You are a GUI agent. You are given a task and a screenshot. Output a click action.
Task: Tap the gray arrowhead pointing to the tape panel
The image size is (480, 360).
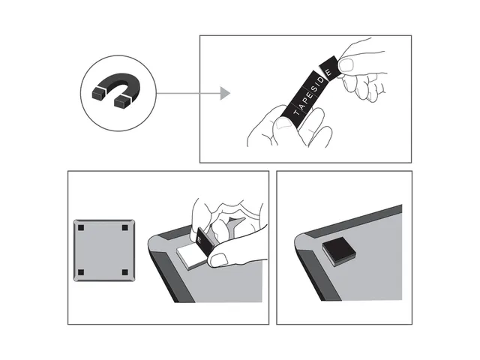[224, 93]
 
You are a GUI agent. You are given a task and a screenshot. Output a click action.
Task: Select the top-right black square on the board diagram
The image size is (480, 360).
[124, 227]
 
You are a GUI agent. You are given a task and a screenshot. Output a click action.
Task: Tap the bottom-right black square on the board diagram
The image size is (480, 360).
[124, 271]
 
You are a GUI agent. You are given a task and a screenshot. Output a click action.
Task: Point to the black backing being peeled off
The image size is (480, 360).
[203, 242]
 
